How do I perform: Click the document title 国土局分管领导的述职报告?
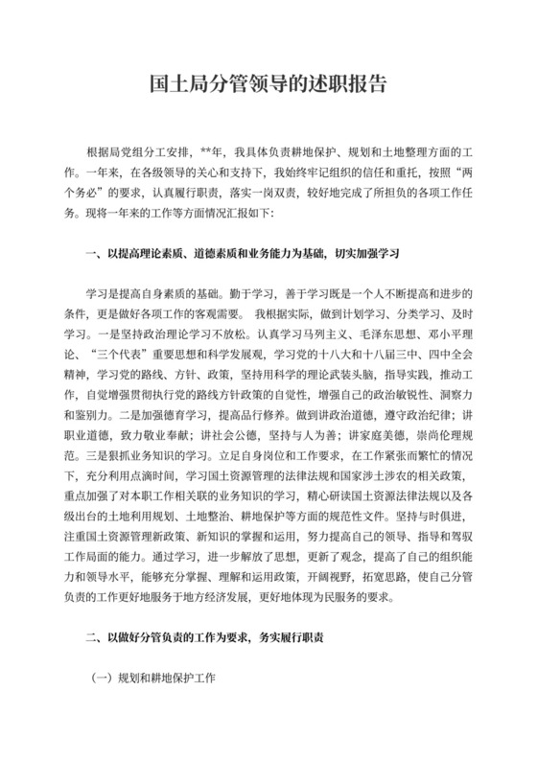[x=268, y=83]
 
